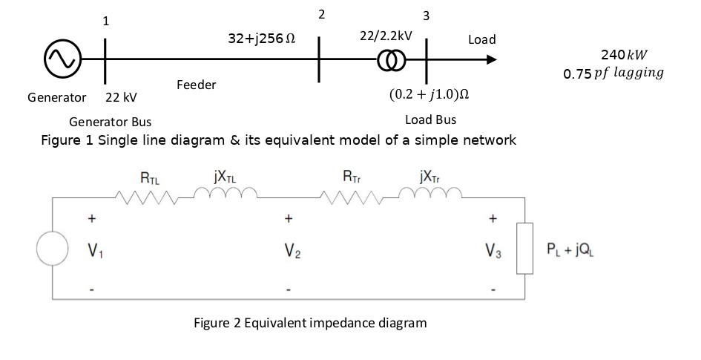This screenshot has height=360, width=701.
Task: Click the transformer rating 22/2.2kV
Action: (386, 36)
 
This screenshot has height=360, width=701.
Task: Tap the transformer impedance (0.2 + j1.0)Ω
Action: (430, 96)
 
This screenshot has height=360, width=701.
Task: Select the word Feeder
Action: (197, 85)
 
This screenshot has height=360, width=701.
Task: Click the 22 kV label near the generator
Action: (121, 97)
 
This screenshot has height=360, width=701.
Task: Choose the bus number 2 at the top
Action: (320, 14)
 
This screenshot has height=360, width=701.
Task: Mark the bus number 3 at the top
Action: (426, 16)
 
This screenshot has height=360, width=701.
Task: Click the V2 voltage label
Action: (289, 252)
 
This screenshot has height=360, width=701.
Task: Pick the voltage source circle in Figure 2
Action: (53, 249)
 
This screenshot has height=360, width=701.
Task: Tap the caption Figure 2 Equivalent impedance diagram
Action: (310, 323)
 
